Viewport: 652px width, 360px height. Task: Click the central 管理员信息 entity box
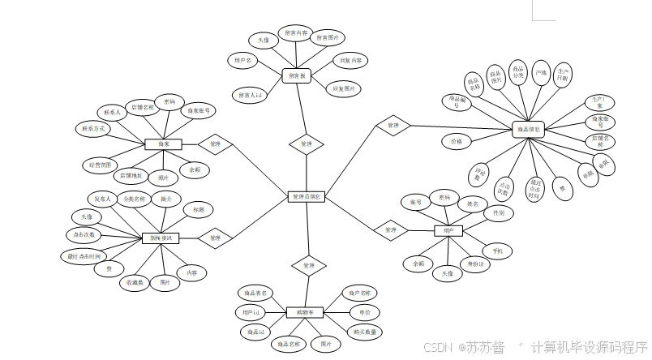pos(307,196)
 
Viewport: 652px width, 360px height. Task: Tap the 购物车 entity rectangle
pos(306,312)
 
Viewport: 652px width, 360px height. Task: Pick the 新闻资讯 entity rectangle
pos(161,238)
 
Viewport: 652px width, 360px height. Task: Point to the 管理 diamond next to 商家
pos(215,144)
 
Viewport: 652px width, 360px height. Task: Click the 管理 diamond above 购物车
pos(308,265)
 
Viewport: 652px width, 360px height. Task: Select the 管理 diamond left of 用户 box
pos(391,230)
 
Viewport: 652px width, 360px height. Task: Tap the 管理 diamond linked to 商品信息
pos(393,126)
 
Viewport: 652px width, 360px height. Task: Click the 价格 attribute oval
pos(457,141)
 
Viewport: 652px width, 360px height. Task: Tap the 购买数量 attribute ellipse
pos(364,332)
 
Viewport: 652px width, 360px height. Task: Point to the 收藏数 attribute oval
pos(135,283)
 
